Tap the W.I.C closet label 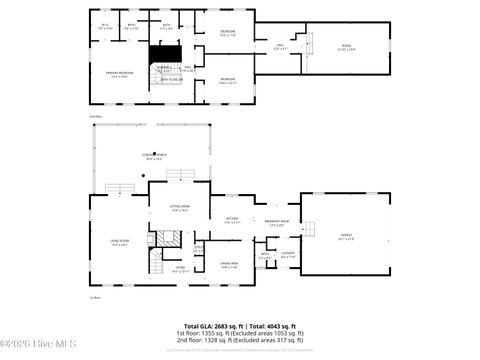[105, 26]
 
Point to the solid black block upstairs [164, 54]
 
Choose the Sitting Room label [180, 209]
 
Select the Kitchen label [232, 220]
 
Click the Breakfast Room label [277, 223]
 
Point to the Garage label [345, 237]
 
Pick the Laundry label [287, 255]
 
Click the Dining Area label [228, 266]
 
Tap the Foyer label [182, 269]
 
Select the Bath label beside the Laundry [265, 255]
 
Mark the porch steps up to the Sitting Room [180, 176]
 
